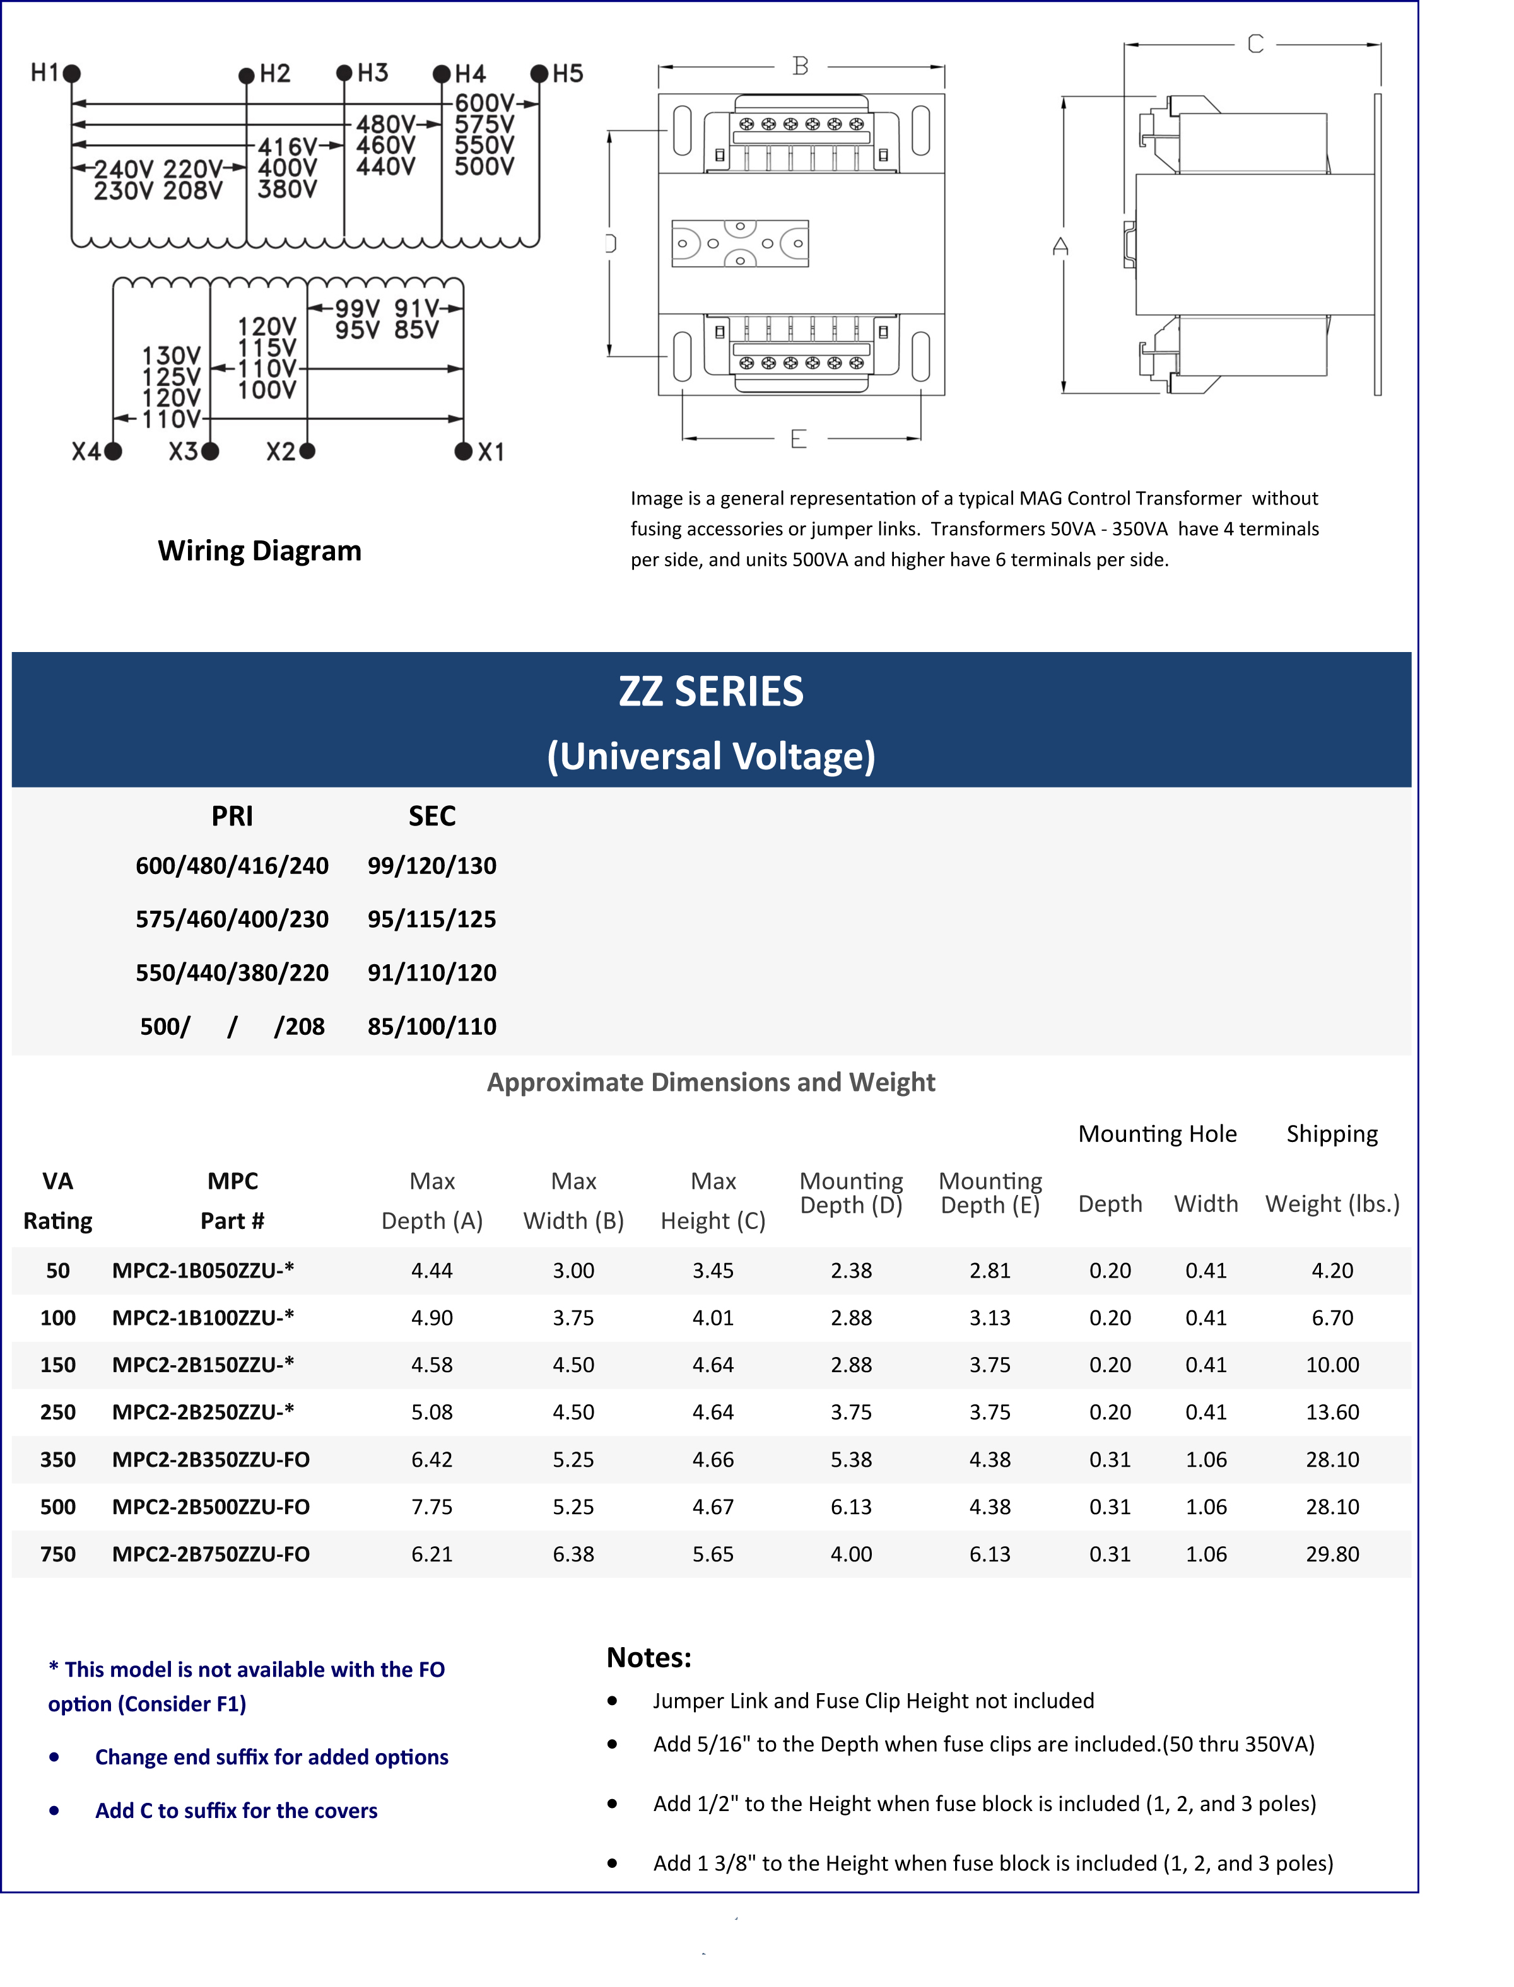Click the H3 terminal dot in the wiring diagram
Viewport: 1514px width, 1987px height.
(x=344, y=73)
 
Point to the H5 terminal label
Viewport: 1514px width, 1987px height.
(x=568, y=74)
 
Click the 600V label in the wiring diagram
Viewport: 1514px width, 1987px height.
(x=484, y=103)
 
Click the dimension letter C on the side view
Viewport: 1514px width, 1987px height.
(x=1255, y=44)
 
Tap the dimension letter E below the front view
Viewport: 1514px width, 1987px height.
(x=799, y=440)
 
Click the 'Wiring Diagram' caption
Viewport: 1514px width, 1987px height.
(x=259, y=551)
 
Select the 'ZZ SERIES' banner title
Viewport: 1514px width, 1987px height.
(x=711, y=692)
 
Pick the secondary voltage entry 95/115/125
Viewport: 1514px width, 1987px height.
(x=431, y=919)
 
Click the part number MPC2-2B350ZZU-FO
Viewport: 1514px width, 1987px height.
(x=211, y=1459)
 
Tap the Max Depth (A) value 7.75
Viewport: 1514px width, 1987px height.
(x=431, y=1507)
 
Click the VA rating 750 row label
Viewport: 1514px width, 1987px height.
(x=57, y=1554)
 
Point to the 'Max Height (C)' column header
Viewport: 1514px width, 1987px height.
(x=713, y=1201)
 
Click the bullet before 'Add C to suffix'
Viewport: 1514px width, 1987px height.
(x=55, y=1810)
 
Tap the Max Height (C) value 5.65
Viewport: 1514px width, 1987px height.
(x=713, y=1554)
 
